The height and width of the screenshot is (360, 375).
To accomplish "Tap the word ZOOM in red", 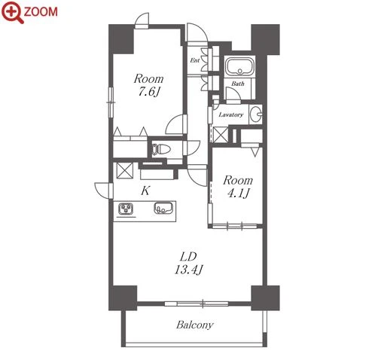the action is pyautogui.click(x=41, y=12).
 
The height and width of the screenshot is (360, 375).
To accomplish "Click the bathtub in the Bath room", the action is pyautogui.click(x=240, y=66).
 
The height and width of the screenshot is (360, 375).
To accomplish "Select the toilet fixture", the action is pyautogui.click(x=160, y=149).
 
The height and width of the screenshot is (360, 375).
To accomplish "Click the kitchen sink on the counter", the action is pyautogui.click(x=163, y=208).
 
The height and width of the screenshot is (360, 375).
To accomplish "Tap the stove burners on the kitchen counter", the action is pyautogui.click(x=126, y=209).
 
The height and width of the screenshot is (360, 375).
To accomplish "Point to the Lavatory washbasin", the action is pyautogui.click(x=256, y=114).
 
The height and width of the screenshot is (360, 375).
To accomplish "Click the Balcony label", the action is pyautogui.click(x=195, y=325).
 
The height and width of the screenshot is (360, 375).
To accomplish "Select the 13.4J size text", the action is pyautogui.click(x=188, y=270).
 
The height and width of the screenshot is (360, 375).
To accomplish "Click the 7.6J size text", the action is pyautogui.click(x=148, y=92).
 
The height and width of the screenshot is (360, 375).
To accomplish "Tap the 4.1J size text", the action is pyautogui.click(x=238, y=193).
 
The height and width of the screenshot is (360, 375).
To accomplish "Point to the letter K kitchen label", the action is pyautogui.click(x=145, y=191).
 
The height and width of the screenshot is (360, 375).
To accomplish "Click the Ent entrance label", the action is pyautogui.click(x=195, y=60).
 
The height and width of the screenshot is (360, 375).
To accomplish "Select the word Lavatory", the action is pyautogui.click(x=231, y=114).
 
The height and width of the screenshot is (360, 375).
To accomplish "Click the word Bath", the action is pyautogui.click(x=238, y=84).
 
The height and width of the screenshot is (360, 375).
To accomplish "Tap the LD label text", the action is pyautogui.click(x=188, y=257).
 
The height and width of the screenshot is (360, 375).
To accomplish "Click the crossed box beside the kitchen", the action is pyautogui.click(x=125, y=171).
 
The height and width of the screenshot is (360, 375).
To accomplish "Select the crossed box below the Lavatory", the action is pyautogui.click(x=221, y=135).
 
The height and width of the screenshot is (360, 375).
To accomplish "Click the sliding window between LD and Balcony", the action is pyautogui.click(x=197, y=304).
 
